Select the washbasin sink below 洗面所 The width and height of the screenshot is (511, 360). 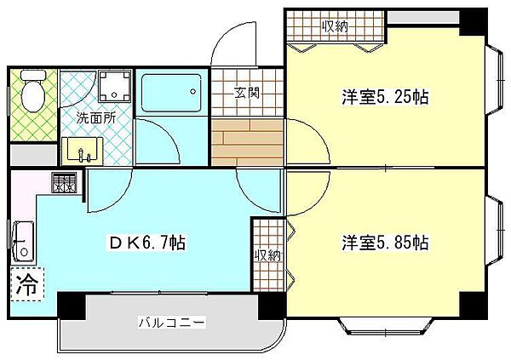(x=83, y=150)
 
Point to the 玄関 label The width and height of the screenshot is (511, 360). (x=247, y=93)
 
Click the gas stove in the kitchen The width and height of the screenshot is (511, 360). (x=64, y=184)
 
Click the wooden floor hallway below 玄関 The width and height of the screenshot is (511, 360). (x=246, y=141)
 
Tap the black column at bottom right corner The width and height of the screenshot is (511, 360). (x=473, y=303)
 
